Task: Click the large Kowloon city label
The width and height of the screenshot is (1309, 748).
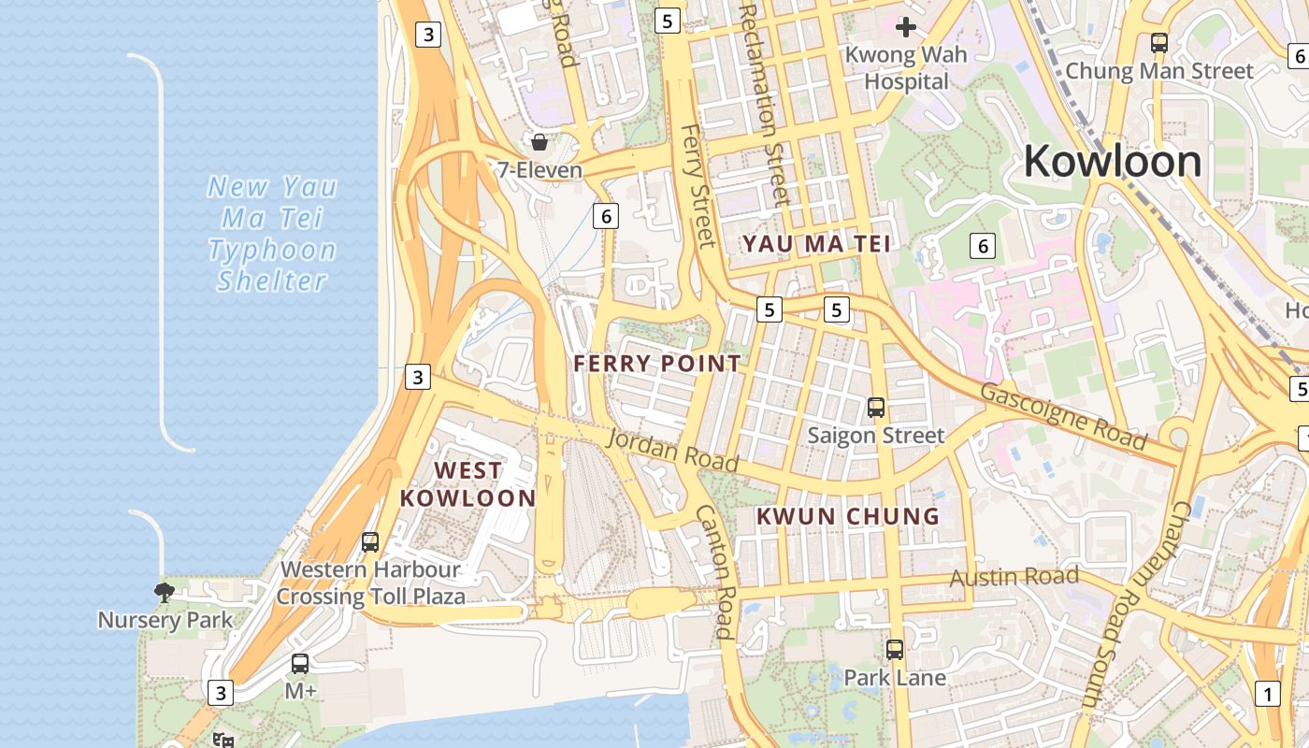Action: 1112,162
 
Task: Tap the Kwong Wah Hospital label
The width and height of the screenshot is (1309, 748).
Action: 905,68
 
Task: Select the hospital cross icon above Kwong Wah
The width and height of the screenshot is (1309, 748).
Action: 905,26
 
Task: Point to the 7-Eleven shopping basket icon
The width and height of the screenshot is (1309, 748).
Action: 539,142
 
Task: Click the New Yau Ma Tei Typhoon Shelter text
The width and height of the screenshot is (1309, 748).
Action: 271,234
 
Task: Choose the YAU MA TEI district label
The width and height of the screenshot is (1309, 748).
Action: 816,244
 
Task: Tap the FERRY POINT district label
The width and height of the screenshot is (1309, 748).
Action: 656,364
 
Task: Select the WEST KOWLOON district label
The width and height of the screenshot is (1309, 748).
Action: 467,484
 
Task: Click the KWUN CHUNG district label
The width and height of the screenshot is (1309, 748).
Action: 847,516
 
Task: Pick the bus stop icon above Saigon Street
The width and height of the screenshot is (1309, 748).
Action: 876,408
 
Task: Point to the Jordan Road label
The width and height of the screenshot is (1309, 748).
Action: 673,450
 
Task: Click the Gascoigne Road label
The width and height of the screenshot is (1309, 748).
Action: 1062,415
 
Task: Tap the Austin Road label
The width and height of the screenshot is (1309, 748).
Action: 1014,577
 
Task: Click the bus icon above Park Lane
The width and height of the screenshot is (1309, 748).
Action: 895,649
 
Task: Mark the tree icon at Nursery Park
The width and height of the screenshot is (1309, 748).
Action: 165,592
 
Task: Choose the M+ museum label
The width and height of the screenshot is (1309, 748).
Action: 300,691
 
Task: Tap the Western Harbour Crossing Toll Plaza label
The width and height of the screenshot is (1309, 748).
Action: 370,583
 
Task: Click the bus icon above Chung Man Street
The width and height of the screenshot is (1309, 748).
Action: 1159,42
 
